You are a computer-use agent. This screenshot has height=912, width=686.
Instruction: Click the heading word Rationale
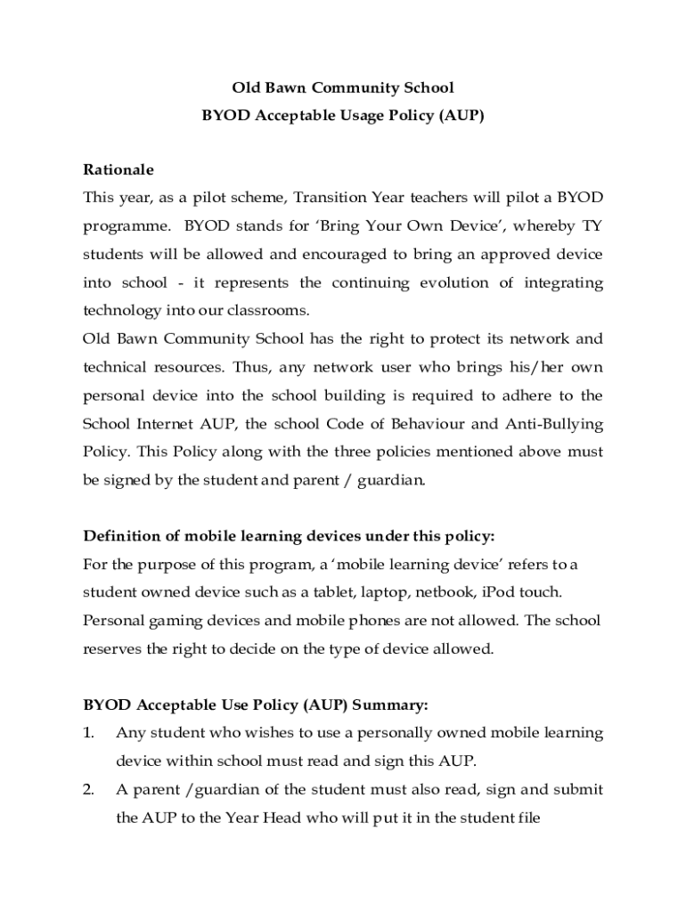tap(118, 169)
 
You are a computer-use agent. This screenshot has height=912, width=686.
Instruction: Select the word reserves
tap(112, 649)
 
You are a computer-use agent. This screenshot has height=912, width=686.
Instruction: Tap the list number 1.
tap(88, 733)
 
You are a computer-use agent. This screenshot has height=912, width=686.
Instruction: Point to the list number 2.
tap(88, 790)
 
